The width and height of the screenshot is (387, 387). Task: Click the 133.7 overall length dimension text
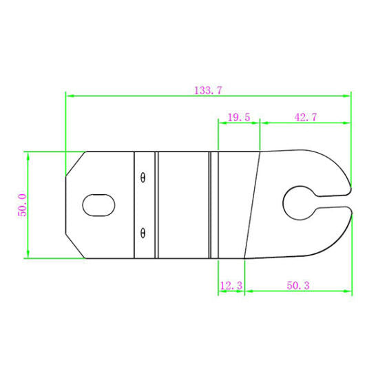[207, 90]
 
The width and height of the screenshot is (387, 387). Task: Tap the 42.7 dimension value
[305, 118]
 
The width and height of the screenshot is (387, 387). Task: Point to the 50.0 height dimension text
[22, 205]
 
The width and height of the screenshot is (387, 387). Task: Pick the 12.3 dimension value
[231, 284]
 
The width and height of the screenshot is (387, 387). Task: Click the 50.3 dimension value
[297, 284]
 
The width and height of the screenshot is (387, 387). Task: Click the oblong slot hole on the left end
[98, 205]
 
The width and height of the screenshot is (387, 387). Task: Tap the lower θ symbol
[143, 232]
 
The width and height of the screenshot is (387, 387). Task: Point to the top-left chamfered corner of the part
[74, 163]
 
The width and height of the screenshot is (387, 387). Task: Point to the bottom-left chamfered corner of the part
[74, 247]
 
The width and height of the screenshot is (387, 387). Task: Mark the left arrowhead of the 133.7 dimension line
[68, 96]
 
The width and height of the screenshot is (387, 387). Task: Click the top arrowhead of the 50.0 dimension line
[28, 155]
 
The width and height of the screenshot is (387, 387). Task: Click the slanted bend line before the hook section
[252, 205]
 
